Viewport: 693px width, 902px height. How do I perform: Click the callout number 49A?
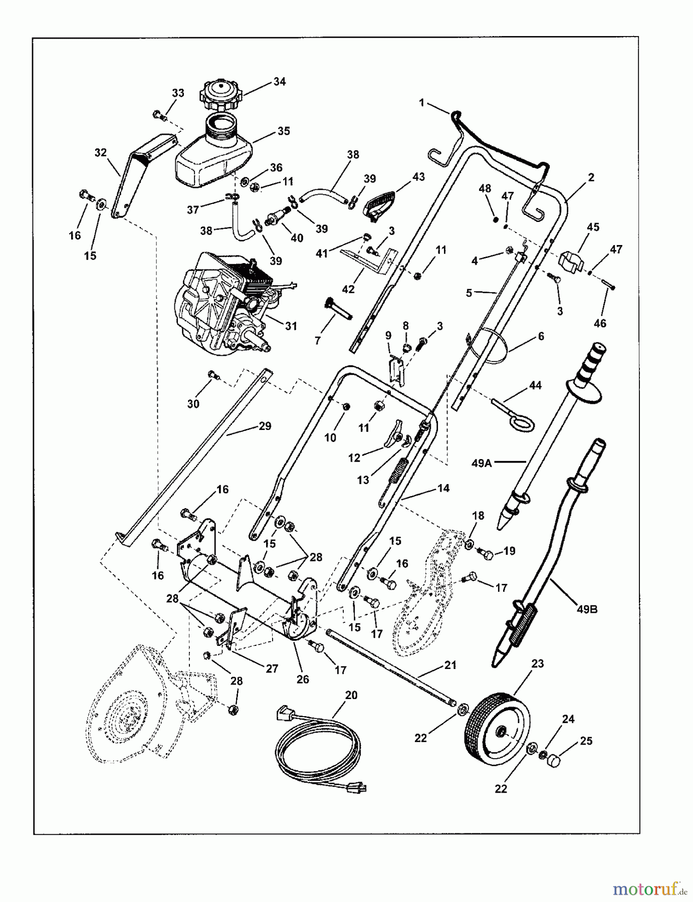(482, 464)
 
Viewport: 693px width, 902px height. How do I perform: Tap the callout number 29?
(265, 426)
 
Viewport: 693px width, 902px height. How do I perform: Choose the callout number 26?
(303, 680)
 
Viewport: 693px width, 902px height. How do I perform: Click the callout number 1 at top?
(421, 103)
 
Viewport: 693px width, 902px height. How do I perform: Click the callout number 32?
(101, 152)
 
